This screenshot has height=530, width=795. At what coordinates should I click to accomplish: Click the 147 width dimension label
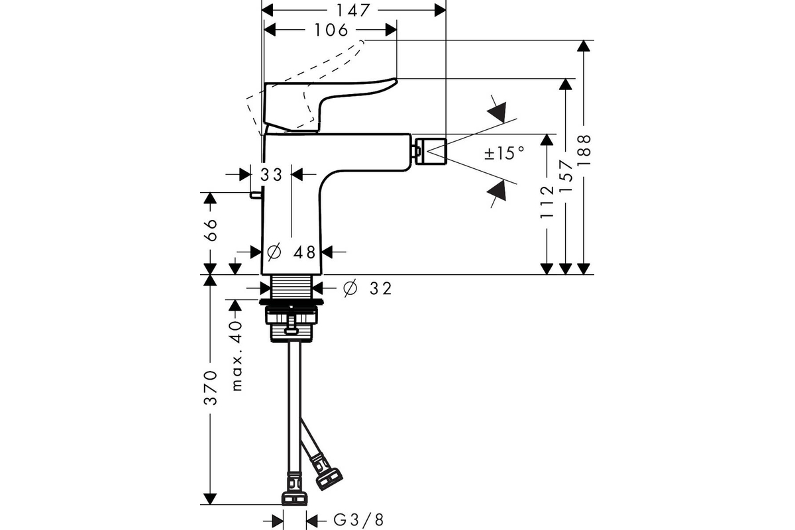[x=354, y=11]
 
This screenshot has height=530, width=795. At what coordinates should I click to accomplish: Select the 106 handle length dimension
[x=331, y=30]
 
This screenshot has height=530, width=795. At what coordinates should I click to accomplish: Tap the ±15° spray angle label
[x=504, y=153]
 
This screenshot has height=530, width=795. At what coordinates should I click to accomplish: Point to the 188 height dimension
[x=584, y=150]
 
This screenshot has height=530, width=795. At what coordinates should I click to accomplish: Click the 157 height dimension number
[x=566, y=176]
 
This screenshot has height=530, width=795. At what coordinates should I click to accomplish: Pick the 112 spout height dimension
[x=547, y=202]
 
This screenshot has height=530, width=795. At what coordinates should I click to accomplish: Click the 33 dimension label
[x=272, y=175]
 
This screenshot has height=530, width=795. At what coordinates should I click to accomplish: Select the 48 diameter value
[x=304, y=252]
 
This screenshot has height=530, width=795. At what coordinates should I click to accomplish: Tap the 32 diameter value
[x=380, y=289]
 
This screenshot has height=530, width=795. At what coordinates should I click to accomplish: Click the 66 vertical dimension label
[x=211, y=231]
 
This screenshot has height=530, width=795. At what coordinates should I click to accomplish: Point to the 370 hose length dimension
[x=211, y=388]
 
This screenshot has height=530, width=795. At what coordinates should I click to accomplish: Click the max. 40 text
[x=237, y=356]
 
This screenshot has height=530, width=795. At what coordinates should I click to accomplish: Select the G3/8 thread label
[x=358, y=521]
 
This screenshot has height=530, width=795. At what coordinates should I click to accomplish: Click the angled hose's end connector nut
[x=329, y=479]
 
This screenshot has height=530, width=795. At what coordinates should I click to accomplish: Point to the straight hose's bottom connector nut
[x=295, y=498]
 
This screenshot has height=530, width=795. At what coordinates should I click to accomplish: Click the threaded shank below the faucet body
[x=291, y=287]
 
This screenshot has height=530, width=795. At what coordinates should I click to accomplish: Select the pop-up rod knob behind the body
[x=256, y=195]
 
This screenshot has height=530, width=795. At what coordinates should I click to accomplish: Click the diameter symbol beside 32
[x=350, y=288]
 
